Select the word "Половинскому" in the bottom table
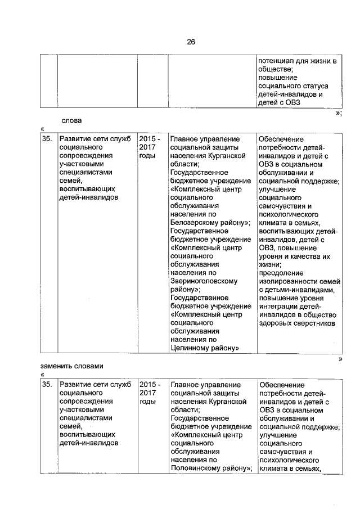(x=194, y=468)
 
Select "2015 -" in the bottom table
(x=150, y=384)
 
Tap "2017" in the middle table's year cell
(x=147, y=147)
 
